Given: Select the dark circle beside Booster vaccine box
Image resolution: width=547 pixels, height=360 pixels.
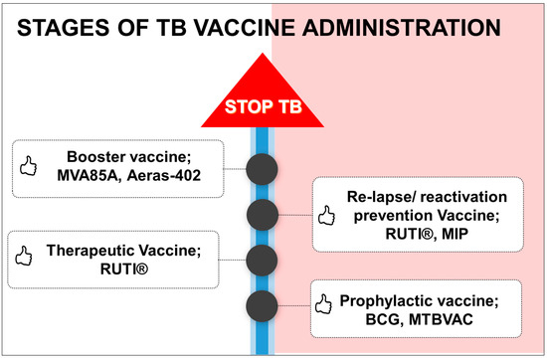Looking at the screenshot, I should (262, 168).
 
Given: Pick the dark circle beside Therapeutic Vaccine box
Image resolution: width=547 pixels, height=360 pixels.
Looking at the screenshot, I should (262, 261).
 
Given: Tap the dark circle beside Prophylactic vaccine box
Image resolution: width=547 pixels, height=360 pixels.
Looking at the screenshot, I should (262, 306).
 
